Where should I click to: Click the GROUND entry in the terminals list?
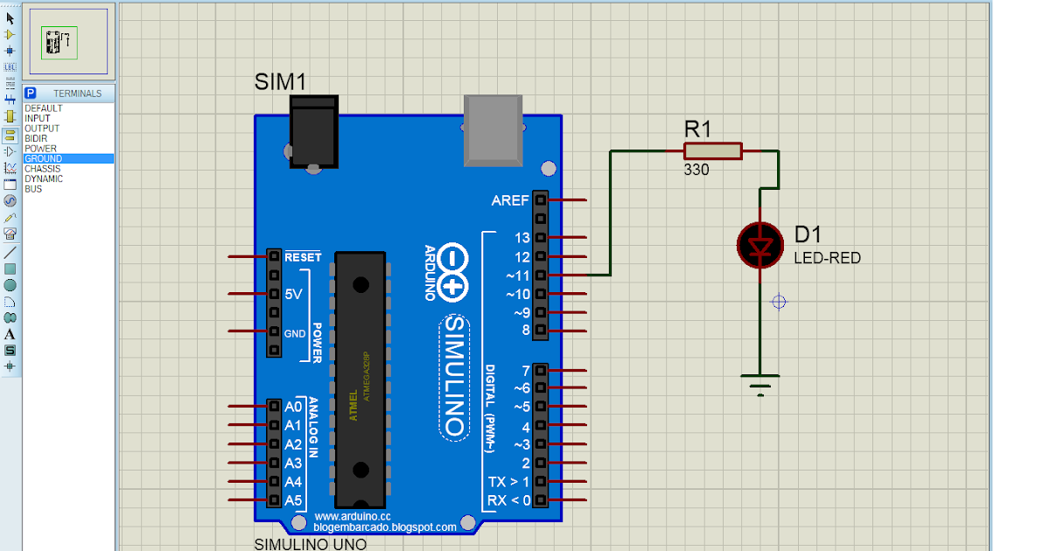pyautogui.click(x=43, y=159)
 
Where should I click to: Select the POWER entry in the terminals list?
pyautogui.click(x=40, y=149)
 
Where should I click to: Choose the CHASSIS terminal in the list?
pyautogui.click(x=43, y=169)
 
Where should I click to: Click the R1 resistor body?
pyautogui.click(x=711, y=151)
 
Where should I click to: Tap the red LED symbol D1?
pyautogui.click(x=759, y=245)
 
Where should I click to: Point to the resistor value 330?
pyautogui.click(x=696, y=171)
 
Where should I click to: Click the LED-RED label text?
pyautogui.click(x=827, y=258)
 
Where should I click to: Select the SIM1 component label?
pyautogui.click(x=280, y=82)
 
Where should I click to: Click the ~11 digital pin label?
pyautogui.click(x=517, y=275)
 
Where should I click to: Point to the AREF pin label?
pyautogui.click(x=510, y=200)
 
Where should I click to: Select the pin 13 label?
pyautogui.click(x=521, y=238)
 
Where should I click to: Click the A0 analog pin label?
pyautogui.click(x=293, y=407)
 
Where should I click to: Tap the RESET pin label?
pyautogui.click(x=303, y=257)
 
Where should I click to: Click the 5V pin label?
pyautogui.click(x=293, y=295)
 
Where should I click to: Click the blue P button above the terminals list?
pyautogui.click(x=31, y=94)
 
